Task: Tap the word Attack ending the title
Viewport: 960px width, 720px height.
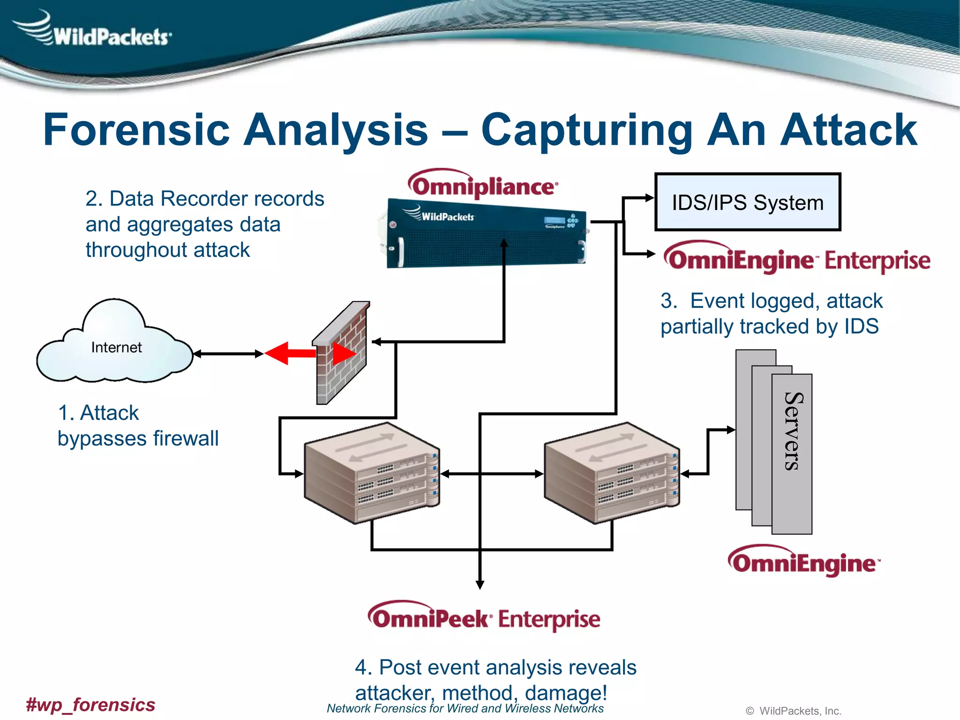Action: (848, 130)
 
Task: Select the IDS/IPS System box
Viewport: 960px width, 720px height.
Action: (747, 202)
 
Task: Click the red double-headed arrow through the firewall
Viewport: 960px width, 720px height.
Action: (309, 353)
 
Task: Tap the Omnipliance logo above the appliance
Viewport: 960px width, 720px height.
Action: (483, 186)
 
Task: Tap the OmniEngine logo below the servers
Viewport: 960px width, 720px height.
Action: (803, 562)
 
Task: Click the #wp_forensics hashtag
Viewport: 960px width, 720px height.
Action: (90, 705)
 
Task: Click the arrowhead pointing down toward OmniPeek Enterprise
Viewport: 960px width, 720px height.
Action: (480, 585)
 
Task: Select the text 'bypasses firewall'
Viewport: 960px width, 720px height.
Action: (138, 439)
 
